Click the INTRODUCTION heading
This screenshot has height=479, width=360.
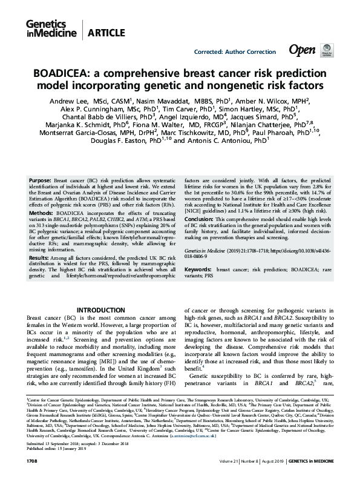pos(101,310)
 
